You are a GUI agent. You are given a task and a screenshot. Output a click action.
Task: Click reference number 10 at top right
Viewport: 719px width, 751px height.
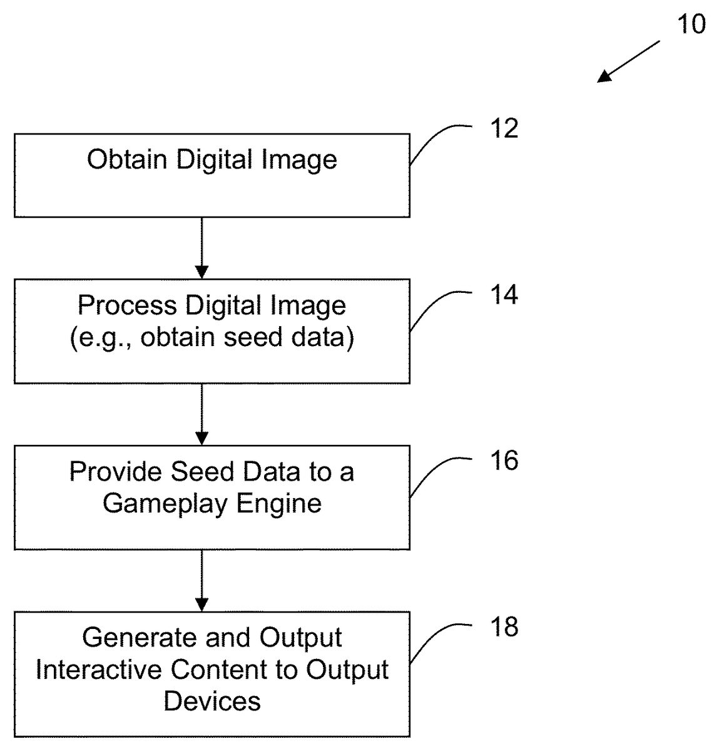(691, 24)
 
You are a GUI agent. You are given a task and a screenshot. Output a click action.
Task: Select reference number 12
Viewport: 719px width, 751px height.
(504, 128)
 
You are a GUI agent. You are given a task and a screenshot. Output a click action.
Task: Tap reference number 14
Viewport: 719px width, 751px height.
(504, 294)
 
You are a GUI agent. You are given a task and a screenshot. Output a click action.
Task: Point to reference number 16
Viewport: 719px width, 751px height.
(504, 461)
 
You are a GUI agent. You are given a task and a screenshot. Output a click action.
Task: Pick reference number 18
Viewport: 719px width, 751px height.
(504, 626)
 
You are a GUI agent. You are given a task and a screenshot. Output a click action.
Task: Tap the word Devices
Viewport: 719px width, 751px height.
(212, 701)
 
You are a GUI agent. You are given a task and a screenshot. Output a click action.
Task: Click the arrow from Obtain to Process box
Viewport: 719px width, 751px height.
(201, 248)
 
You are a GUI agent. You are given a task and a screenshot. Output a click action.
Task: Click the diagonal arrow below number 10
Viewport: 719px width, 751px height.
(628, 61)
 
